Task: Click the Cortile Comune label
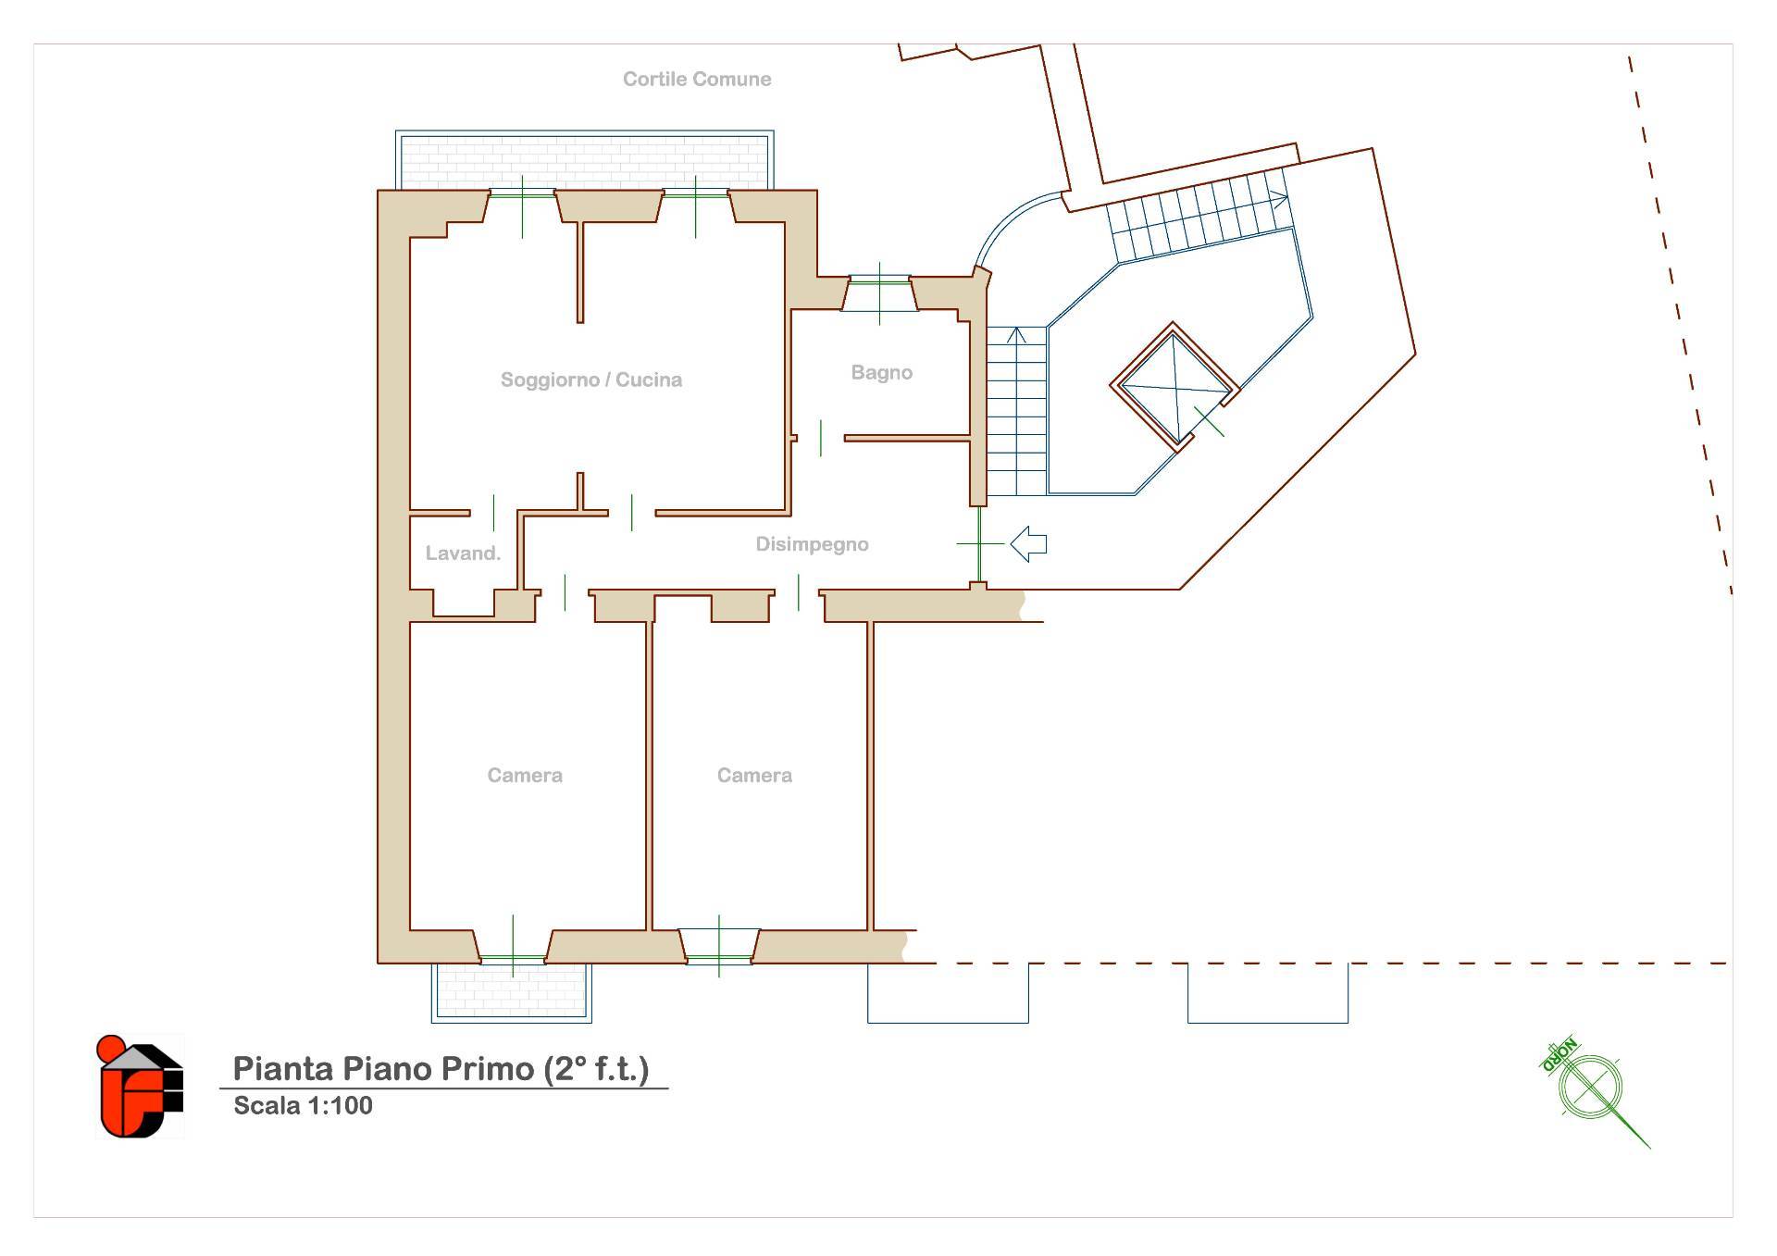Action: point(697,80)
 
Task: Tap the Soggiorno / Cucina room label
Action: point(591,379)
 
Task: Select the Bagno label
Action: point(882,373)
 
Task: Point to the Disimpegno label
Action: point(813,544)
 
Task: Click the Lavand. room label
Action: point(463,553)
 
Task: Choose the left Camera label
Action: point(525,776)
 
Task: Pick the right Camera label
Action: point(754,776)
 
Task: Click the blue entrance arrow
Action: point(1028,543)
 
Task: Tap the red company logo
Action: point(140,1087)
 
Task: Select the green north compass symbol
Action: point(1594,1093)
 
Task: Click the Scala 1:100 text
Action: point(303,1106)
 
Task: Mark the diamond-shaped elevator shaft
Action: point(1174,387)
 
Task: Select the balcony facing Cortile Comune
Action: point(584,160)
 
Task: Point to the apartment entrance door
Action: point(979,544)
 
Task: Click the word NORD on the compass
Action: point(1560,1055)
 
